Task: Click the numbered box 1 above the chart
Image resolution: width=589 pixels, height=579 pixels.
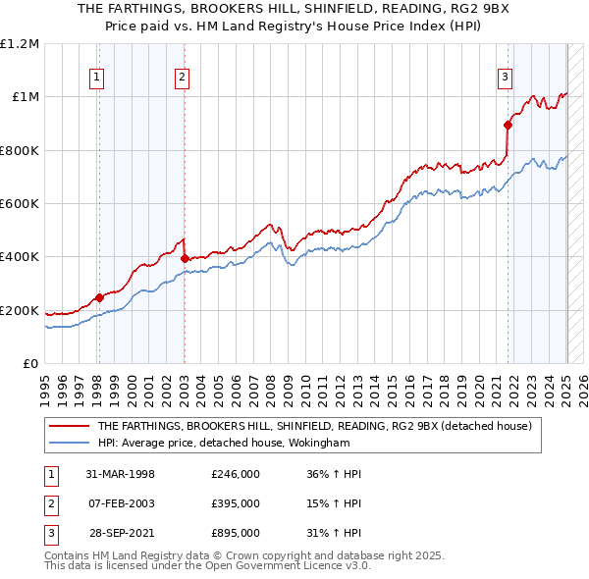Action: pyautogui.click(x=98, y=79)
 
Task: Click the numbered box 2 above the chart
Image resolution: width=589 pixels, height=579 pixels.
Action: pyautogui.click(x=184, y=79)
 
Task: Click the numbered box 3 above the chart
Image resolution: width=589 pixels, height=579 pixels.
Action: pyautogui.click(x=505, y=79)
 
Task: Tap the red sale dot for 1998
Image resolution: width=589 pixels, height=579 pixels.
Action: pyautogui.click(x=99, y=297)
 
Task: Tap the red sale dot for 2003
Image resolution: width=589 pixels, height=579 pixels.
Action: pyautogui.click(x=185, y=258)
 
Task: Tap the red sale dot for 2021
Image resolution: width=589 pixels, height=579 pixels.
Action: pyautogui.click(x=508, y=125)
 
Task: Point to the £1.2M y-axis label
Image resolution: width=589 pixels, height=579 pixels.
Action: pyautogui.click(x=20, y=44)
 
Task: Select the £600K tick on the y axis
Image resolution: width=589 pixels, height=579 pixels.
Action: pyautogui.click(x=20, y=204)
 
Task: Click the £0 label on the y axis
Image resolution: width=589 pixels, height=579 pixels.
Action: pyautogui.click(x=30, y=364)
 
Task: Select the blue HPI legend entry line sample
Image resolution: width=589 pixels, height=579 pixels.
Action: pyautogui.click(x=69, y=442)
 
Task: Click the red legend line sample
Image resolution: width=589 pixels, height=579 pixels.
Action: pyautogui.click(x=69, y=426)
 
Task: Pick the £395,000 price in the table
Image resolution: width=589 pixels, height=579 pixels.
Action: pyautogui.click(x=236, y=503)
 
